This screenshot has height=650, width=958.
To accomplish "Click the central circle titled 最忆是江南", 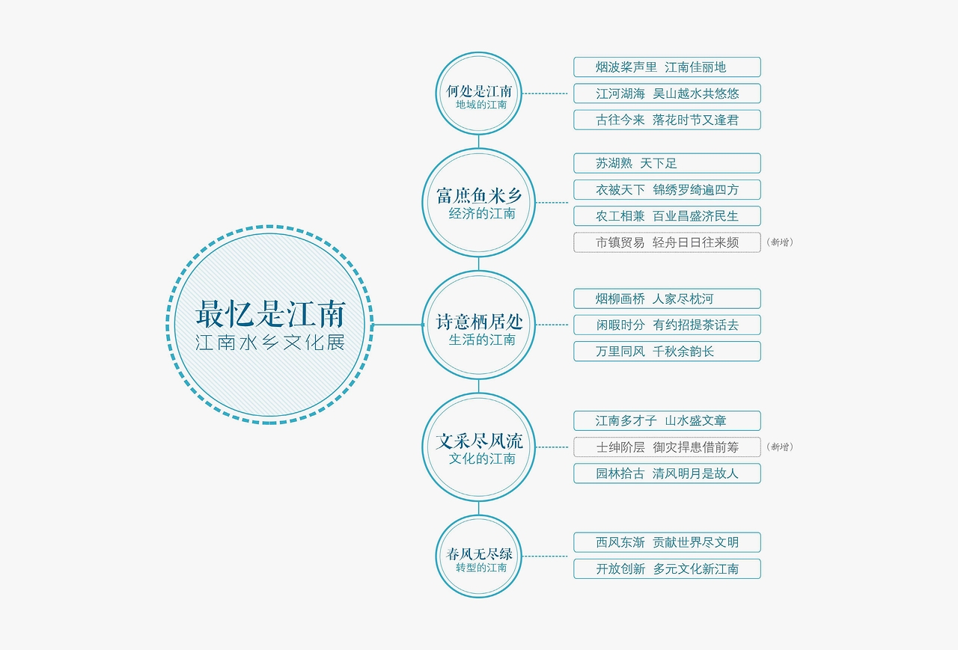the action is click(269, 325).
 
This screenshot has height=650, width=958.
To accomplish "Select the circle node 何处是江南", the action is click(478, 93).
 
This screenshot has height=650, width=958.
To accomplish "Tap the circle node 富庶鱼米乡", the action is click(478, 203).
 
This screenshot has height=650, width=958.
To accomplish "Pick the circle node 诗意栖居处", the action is click(478, 325).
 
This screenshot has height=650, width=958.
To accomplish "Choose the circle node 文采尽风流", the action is click(478, 447).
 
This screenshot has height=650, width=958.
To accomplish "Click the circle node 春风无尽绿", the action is click(478, 557).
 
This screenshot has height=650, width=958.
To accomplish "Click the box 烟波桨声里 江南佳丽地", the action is click(667, 67).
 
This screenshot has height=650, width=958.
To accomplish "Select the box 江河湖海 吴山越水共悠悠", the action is click(667, 93).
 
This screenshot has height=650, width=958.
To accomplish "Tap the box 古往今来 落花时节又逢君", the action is click(667, 120).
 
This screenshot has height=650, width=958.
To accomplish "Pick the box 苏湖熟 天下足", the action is click(667, 163).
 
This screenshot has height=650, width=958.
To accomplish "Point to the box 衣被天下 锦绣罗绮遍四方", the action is click(667, 190).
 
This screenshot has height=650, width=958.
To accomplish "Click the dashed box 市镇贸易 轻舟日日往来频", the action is click(667, 242).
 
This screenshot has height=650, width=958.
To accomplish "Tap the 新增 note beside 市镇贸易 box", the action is click(780, 242).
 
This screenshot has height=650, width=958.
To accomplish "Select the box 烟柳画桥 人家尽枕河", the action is click(667, 298).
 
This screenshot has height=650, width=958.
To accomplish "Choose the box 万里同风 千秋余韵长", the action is click(667, 352).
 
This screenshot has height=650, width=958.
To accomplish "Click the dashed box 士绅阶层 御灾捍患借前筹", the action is click(667, 447).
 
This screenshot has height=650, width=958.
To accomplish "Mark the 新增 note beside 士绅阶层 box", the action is click(780, 447).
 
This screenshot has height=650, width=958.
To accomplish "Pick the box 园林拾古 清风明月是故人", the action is click(667, 473).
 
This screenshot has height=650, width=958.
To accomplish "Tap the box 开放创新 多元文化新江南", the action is click(667, 568).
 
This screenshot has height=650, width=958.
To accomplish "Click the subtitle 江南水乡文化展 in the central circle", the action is click(270, 343).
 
